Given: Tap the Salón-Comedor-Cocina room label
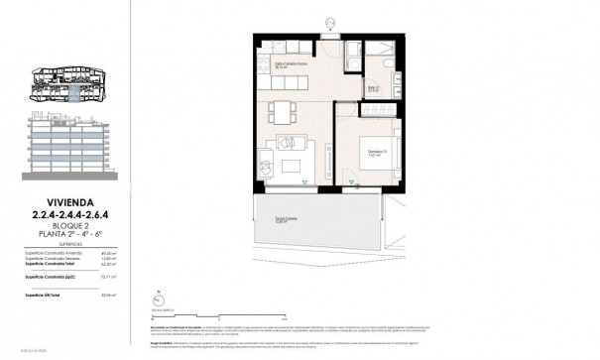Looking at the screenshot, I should tap(290, 66).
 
